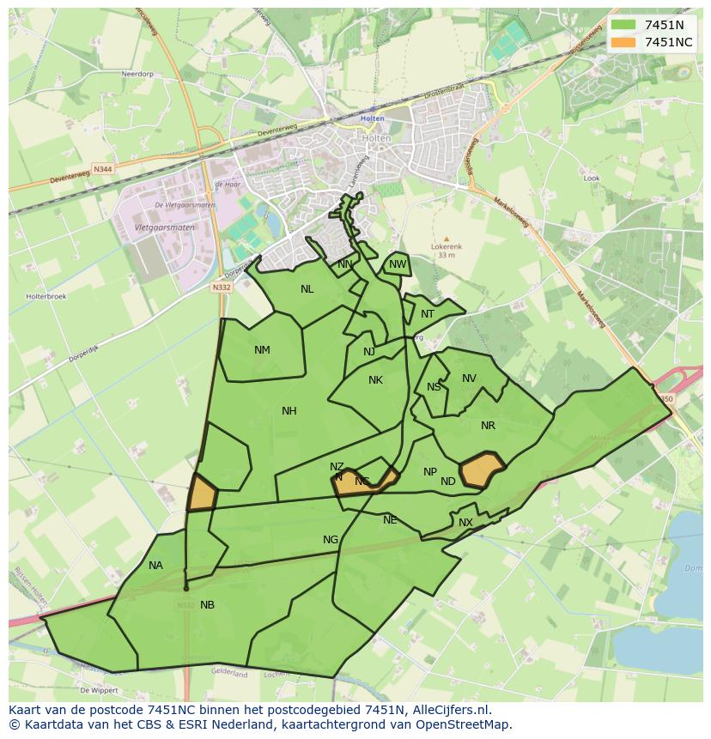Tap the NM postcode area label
click(x=262, y=349)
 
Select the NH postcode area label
click(x=289, y=411)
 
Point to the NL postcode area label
click(x=307, y=289)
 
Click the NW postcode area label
click(x=398, y=264)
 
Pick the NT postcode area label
click(x=428, y=314)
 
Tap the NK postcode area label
click(x=375, y=380)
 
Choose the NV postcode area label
click(x=469, y=379)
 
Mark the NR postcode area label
click(x=488, y=426)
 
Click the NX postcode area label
click(x=465, y=523)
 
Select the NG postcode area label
click(x=331, y=540)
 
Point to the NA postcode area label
click(x=155, y=566)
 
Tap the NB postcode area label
click(x=207, y=605)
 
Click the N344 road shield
click(x=103, y=169)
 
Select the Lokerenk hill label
click(x=446, y=246)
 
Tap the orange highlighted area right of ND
click(x=482, y=470)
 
